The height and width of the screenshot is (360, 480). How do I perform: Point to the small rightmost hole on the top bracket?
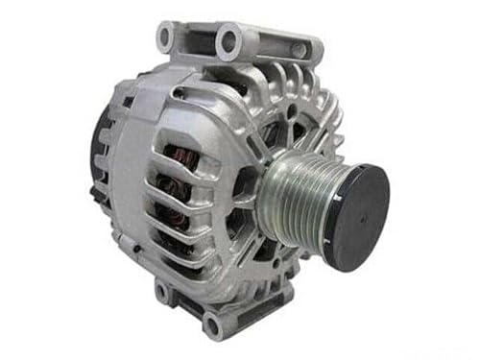(298, 48)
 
